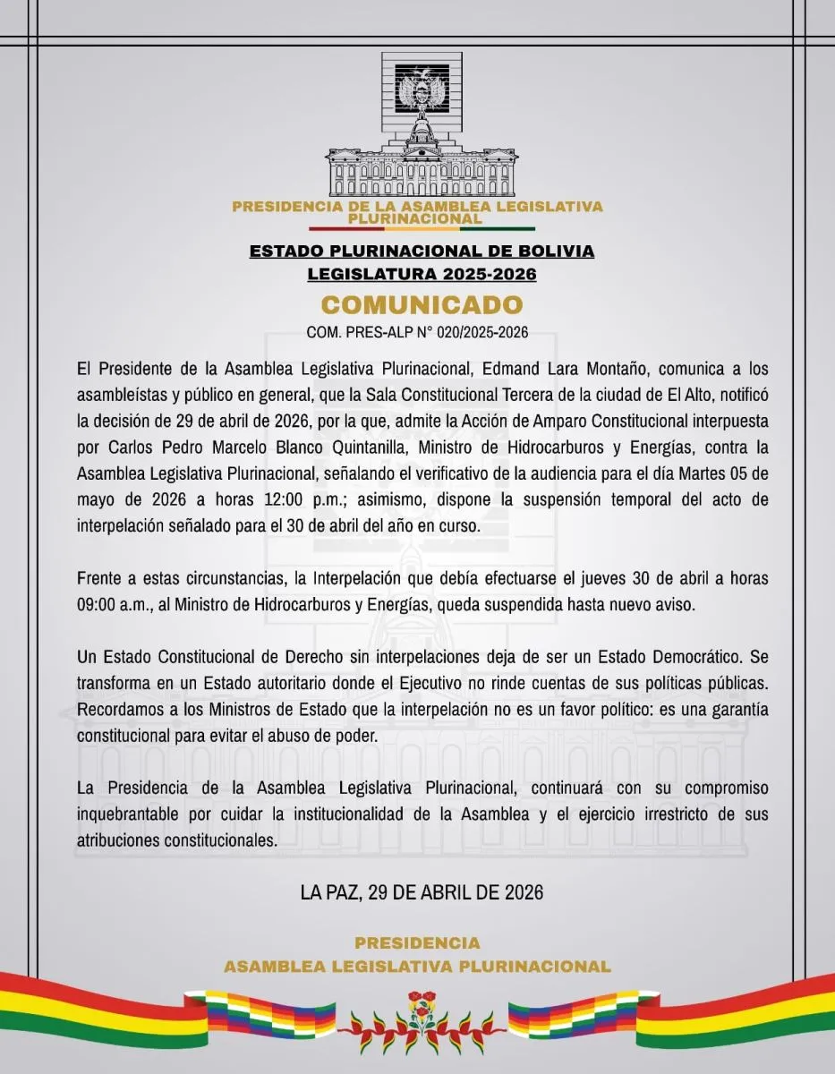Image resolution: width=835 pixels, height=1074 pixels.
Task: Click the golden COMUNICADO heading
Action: pos(422,304)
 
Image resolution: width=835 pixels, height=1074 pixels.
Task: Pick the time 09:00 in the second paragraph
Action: pos(99,604)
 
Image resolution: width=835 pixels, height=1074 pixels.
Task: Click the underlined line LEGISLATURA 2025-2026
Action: pos(422,274)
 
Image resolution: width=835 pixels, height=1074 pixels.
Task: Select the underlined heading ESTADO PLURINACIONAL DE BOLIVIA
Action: pos(422,251)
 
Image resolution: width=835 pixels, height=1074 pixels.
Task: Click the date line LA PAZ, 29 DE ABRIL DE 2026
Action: pos(422,892)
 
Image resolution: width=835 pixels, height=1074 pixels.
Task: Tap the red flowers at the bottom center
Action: pos(421,1009)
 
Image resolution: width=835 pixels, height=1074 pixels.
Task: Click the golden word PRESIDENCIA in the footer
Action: pos(417,943)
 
